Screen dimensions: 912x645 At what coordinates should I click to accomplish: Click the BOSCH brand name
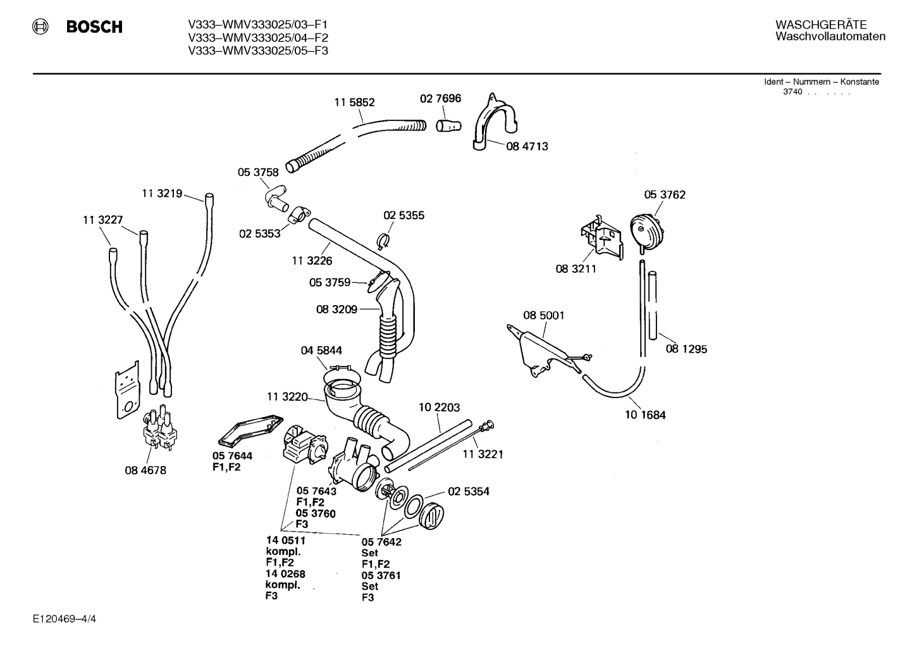(x=94, y=27)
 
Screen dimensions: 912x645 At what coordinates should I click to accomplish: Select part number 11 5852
(x=354, y=103)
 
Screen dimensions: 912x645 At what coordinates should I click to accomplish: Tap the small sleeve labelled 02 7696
(x=448, y=126)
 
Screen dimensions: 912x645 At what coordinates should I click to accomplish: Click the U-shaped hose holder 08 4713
(x=494, y=122)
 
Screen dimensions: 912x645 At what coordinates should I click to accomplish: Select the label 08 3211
(x=576, y=269)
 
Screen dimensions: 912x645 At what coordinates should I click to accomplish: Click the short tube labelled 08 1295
(x=653, y=305)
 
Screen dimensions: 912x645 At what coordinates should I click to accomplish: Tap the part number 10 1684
(x=645, y=415)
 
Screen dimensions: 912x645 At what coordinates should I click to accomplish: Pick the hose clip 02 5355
(x=383, y=241)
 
